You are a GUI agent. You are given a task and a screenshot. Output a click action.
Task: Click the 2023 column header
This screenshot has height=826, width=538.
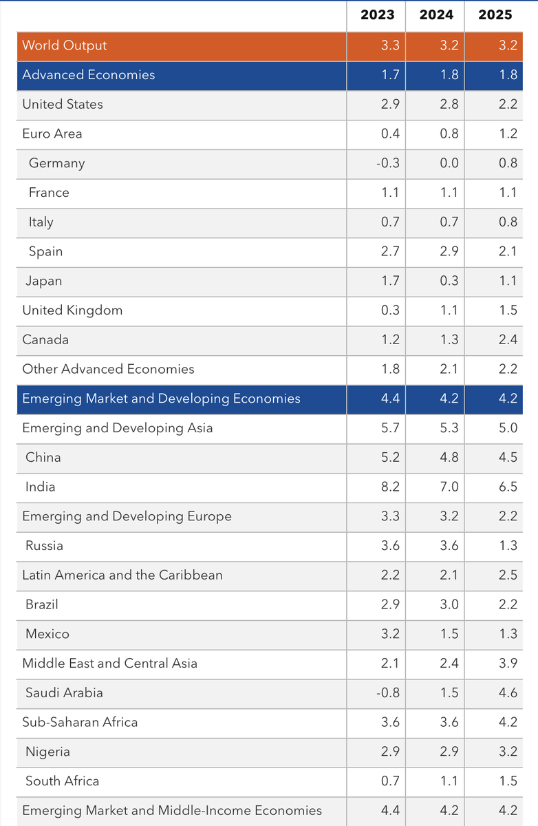(x=377, y=14)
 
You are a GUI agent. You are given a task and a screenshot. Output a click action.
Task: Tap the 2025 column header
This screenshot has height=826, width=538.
(x=495, y=14)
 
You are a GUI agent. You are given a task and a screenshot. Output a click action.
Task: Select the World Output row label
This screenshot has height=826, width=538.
(x=65, y=45)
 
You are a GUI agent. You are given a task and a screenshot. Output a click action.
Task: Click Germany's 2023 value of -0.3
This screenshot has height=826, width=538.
(x=388, y=163)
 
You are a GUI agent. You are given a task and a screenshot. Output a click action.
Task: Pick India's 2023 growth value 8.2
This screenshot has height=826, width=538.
(x=390, y=487)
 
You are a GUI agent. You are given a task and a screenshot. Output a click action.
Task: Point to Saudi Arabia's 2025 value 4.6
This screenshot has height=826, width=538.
(x=508, y=692)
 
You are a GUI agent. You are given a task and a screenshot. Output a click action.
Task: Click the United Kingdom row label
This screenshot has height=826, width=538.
(x=72, y=310)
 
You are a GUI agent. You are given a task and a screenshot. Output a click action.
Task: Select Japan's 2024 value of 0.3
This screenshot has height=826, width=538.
(x=449, y=281)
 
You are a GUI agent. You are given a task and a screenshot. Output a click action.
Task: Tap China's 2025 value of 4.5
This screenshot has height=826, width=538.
(x=508, y=457)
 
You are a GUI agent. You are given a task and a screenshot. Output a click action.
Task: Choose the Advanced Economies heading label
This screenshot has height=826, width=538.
(x=89, y=75)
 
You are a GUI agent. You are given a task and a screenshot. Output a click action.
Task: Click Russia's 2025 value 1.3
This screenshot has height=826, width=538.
(x=508, y=546)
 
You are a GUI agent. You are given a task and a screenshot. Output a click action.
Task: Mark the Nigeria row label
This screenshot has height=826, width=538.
(x=47, y=752)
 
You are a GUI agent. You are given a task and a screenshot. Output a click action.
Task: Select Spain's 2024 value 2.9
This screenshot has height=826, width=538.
(x=449, y=251)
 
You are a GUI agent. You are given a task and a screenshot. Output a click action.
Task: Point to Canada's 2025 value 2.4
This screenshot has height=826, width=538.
(x=508, y=339)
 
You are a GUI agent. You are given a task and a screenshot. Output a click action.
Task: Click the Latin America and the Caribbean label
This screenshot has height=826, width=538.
(x=122, y=575)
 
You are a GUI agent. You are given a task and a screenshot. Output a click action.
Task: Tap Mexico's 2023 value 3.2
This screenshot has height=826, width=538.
(x=390, y=634)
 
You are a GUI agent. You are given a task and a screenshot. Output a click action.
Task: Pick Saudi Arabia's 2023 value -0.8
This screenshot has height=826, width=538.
(x=388, y=692)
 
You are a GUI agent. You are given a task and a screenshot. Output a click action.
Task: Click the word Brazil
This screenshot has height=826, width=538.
(x=41, y=604)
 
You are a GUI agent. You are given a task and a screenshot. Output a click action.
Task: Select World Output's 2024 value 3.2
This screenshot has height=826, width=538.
(x=449, y=45)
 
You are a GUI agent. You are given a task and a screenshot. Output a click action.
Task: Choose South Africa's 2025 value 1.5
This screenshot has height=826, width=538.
(x=508, y=781)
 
